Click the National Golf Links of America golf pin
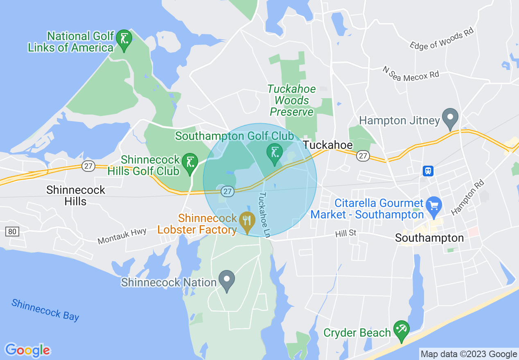click(124, 39)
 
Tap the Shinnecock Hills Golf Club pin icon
click(190, 163)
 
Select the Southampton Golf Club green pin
click(274, 153)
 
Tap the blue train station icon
click(428, 171)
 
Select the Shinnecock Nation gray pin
click(227, 280)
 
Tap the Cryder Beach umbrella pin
click(401, 330)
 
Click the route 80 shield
click(12, 232)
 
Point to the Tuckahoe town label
click(327, 146)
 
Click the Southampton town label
click(429, 238)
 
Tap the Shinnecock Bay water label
click(45, 310)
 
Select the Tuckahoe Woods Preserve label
click(291, 100)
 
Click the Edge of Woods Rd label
click(442, 40)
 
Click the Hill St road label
click(345, 233)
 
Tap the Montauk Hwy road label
click(122, 236)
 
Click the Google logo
click(27, 350)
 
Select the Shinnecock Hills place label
click(76, 195)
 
